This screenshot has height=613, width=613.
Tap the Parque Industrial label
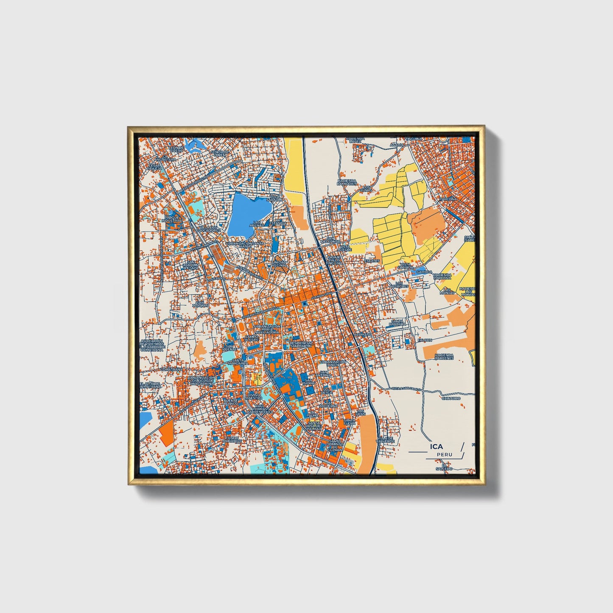click(x=174, y=219)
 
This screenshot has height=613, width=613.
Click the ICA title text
click(x=436, y=446)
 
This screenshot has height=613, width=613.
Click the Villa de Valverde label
click(x=386, y=439)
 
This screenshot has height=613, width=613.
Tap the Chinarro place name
click(x=451, y=398)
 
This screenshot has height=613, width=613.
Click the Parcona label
click(x=448, y=199)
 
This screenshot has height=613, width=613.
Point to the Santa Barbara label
click(x=398, y=323)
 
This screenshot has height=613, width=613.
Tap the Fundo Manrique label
click(x=233, y=439)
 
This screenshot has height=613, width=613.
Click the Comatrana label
click(x=171, y=369)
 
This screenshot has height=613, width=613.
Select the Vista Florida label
click(x=406, y=266)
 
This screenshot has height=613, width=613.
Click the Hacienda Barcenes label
click(x=444, y=357)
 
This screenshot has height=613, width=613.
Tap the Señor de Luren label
click(x=220, y=153)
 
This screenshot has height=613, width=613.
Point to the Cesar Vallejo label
click(x=154, y=167)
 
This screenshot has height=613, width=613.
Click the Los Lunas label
click(x=366, y=188)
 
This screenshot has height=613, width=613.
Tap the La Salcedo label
click(x=444, y=467)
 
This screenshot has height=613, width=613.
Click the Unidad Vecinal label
click(x=279, y=264)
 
